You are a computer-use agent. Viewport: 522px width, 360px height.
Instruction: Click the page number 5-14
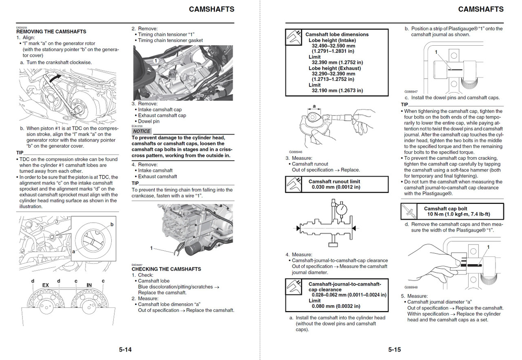pos(125,349)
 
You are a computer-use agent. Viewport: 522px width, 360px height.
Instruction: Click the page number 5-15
pos(394,349)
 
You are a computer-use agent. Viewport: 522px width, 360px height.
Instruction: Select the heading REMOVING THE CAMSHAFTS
pos(51,31)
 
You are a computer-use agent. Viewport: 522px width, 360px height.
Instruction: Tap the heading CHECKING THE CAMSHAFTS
pos(166,269)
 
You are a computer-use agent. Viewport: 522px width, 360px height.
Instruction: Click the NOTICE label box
pos(142,131)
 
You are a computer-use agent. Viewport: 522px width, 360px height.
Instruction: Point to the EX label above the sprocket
pos(46,285)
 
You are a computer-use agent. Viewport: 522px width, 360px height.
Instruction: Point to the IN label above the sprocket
pos(89,285)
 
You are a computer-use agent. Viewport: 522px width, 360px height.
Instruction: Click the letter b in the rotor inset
pos(112,225)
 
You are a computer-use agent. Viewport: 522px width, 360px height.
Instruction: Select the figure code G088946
pos(296,152)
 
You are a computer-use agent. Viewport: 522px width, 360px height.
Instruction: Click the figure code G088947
pos(411,92)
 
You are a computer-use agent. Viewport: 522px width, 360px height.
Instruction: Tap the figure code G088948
pos(411,287)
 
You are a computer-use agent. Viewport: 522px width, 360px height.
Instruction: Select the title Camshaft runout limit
pos(334,181)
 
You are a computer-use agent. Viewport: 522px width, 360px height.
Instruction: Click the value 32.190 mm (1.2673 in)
pos(337,91)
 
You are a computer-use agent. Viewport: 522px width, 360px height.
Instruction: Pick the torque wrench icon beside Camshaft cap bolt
pos(409,211)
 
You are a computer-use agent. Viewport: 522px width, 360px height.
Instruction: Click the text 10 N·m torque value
pos(458,214)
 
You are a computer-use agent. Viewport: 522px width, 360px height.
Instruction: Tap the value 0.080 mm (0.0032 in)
pos(336,306)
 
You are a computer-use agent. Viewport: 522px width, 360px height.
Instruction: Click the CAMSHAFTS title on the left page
pos(211,9)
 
